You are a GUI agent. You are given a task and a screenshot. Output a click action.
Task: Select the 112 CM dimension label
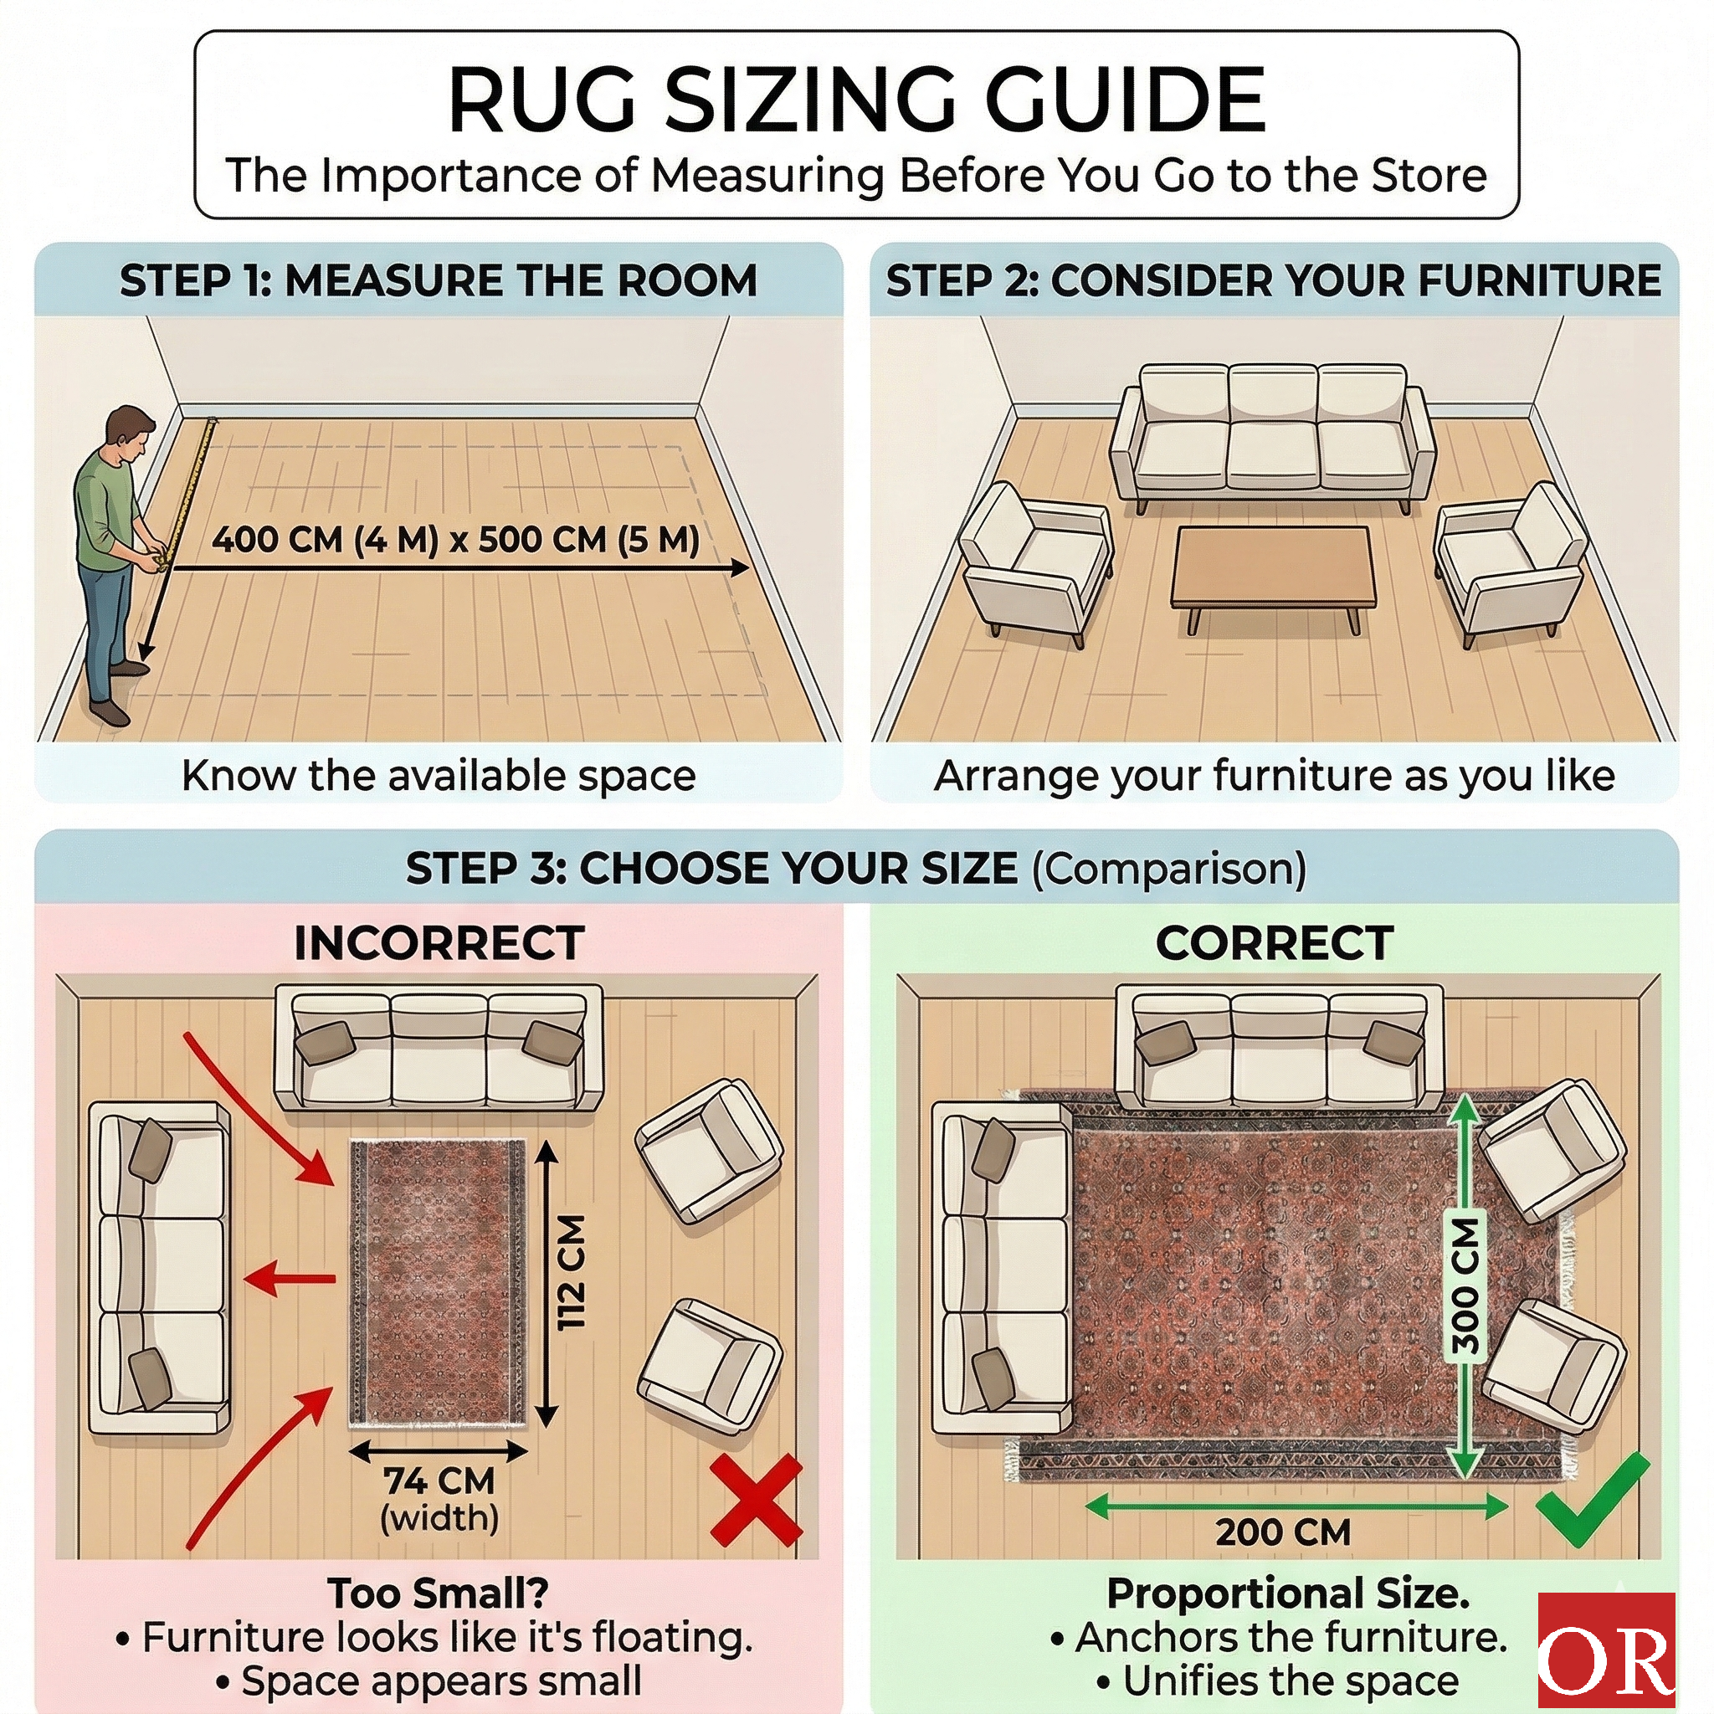click(x=572, y=1272)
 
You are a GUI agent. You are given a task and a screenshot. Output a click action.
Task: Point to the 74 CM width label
click(x=439, y=1481)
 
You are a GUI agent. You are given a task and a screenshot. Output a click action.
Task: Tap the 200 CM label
click(x=1283, y=1532)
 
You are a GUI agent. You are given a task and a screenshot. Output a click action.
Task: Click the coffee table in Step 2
click(x=1272, y=567)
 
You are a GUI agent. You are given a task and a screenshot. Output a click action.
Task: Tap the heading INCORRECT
click(x=439, y=943)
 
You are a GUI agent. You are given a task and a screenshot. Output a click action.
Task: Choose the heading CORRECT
click(x=1274, y=943)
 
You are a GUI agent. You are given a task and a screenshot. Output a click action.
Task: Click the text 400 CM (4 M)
click(x=325, y=540)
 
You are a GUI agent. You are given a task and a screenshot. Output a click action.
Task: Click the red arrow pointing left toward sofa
click(x=289, y=1279)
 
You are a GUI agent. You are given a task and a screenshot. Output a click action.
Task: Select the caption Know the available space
click(x=439, y=775)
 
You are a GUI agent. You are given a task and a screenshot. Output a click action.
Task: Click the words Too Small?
click(x=439, y=1593)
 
